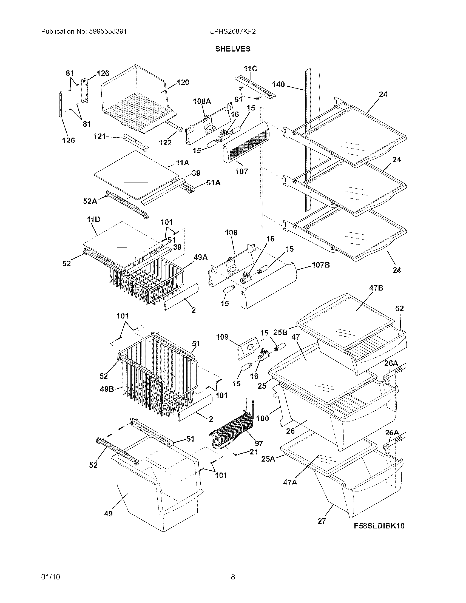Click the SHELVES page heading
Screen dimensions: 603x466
(233, 49)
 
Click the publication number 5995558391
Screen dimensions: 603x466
(108, 32)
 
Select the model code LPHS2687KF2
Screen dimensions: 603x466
(233, 32)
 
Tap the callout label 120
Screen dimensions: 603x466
(183, 82)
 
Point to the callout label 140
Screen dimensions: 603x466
(278, 84)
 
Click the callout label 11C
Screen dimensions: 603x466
(250, 69)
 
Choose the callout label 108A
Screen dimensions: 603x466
(202, 101)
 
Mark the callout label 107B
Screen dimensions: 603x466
(321, 265)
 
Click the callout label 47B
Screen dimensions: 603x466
(376, 288)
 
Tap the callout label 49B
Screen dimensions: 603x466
(107, 389)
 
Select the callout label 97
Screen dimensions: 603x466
(259, 443)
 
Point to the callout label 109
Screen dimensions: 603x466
(222, 337)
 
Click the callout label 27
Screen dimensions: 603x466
(322, 521)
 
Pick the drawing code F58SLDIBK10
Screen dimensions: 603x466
(379, 526)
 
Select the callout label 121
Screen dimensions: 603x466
(100, 136)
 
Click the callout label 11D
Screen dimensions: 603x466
(93, 220)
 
